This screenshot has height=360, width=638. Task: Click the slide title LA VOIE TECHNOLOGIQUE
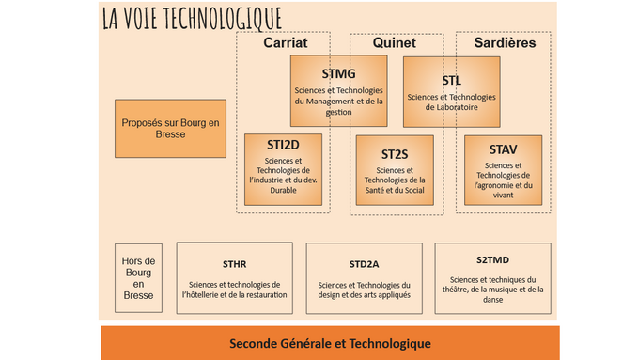[192, 18]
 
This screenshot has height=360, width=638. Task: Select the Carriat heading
[285, 43]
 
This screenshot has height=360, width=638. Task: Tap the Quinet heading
[395, 43]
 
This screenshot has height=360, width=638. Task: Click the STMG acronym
[338, 73]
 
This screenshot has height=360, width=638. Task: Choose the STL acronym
[451, 80]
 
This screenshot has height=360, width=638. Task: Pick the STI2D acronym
[283, 145]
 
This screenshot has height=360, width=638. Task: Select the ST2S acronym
[395, 153]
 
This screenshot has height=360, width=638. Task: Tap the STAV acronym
[503, 149]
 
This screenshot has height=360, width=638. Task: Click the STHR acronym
[234, 265]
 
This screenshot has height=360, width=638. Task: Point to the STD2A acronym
[365, 265]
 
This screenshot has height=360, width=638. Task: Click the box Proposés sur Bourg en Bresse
[170, 129]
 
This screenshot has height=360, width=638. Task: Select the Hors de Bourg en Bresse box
[138, 279]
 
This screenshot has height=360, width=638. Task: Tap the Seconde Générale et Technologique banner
[330, 343]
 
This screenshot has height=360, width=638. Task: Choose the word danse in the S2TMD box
[492, 300]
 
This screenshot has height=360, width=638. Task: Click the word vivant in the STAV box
[503, 196]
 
